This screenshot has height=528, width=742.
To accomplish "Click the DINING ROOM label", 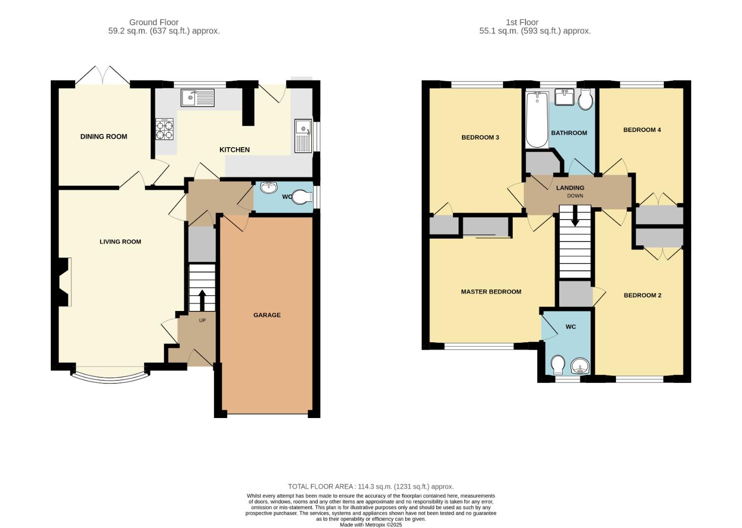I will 104,137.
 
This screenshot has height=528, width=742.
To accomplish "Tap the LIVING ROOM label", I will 120,242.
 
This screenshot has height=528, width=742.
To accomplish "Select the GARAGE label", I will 267,315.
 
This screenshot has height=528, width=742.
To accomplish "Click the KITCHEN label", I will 235,150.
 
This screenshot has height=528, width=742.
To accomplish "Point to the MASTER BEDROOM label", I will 491,292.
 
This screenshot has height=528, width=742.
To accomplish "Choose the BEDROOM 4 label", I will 642,130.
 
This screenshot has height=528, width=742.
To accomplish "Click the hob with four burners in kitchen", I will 164,130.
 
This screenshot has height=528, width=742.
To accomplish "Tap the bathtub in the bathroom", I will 536,120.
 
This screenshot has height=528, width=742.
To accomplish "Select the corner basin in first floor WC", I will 580,365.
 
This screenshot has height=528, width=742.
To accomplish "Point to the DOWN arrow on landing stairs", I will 575,216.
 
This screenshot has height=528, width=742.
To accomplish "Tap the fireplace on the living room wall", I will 64,282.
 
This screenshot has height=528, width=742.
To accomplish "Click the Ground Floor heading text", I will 153,22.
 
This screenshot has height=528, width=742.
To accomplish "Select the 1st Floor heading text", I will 522,22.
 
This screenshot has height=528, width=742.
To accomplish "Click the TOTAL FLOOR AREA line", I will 371,486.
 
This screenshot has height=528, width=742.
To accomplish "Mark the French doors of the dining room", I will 103,76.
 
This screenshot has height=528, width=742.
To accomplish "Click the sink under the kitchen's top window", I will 197,98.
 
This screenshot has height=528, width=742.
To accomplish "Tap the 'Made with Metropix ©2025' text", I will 371,525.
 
